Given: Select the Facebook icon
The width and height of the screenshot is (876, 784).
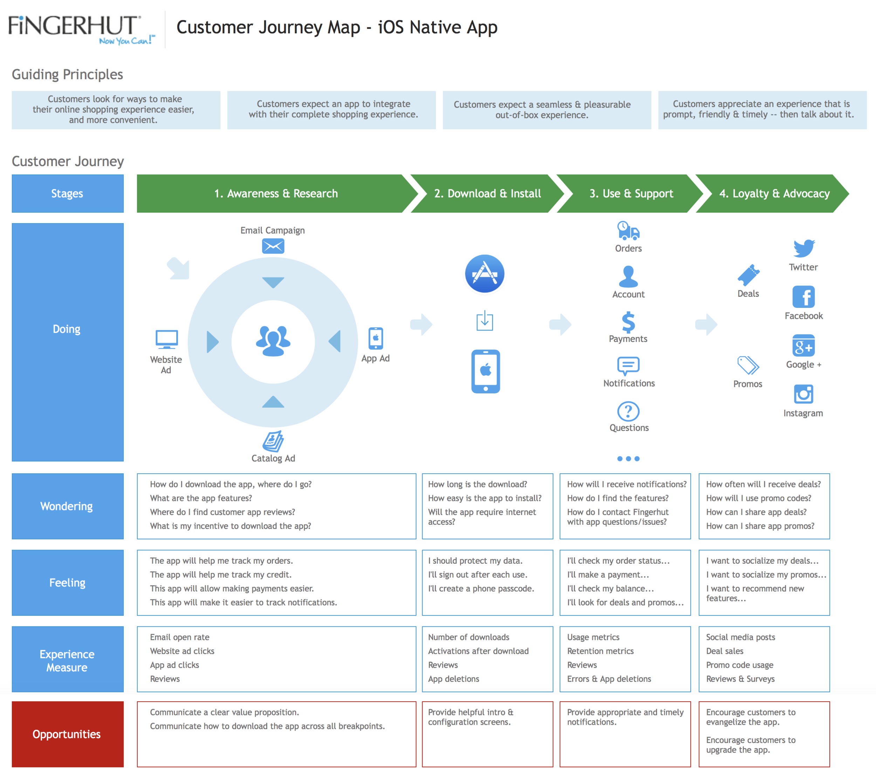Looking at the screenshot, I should [803, 296].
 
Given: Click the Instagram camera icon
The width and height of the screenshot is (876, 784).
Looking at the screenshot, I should [803, 394].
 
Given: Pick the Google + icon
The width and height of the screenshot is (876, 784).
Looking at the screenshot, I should [803, 345].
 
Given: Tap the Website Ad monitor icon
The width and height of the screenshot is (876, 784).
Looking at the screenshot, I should [166, 339].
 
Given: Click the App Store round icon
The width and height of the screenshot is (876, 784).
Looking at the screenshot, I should [484, 274].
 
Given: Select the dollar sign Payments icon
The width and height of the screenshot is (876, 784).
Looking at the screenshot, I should [628, 322].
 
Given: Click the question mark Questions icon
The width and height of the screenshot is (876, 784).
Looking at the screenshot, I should [628, 411].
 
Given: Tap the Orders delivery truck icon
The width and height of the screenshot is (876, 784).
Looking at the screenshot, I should [628, 231].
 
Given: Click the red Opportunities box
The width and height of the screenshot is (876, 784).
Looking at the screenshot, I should [68, 734].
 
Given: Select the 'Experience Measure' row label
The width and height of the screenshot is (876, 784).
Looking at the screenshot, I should [68, 660].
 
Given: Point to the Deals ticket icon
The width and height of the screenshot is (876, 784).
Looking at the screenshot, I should [748, 275].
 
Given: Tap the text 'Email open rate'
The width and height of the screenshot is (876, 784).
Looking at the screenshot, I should [180, 637].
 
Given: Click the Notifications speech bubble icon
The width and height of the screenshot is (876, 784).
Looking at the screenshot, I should [628, 366].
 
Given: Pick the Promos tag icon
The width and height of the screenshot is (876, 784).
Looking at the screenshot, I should [748, 365].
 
